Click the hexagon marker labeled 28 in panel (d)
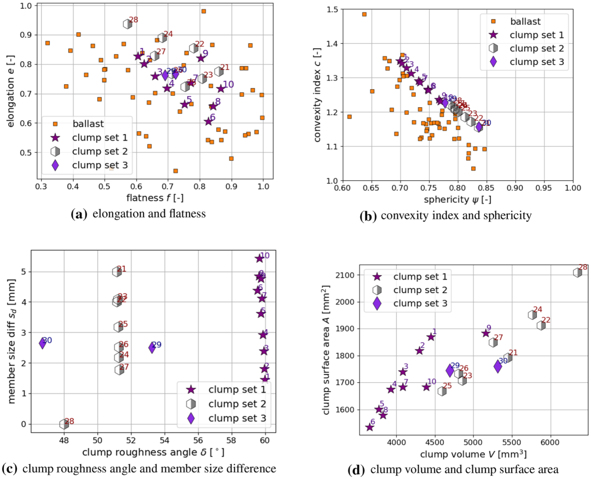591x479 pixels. coord(577,272)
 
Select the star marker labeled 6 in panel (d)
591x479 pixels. coord(369,427)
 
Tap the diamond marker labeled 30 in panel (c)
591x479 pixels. coord(42,343)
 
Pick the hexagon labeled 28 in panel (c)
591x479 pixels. coord(64,424)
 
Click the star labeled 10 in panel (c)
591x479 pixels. coord(259,259)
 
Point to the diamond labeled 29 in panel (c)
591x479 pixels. coord(152,348)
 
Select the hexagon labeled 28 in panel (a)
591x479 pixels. coord(128,24)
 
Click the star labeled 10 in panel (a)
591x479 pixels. coord(221,89)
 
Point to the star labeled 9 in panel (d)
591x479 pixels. coord(485,333)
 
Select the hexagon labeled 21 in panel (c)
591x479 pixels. coord(117,272)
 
